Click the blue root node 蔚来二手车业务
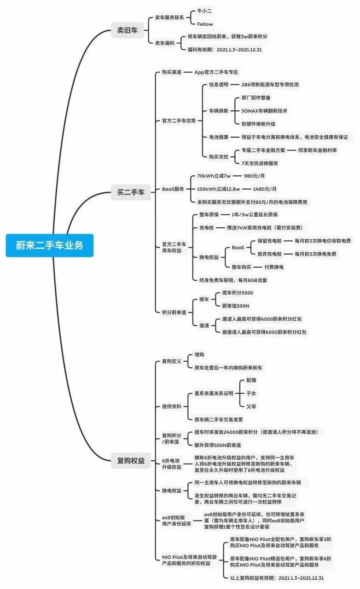tap(50, 245)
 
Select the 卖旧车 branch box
tap(127, 31)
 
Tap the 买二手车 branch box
tap(131, 192)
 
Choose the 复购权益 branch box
tap(131, 460)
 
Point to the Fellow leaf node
tap(205, 24)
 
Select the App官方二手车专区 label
tap(216, 72)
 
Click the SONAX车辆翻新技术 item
tap(264, 111)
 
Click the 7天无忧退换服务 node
tap(260, 163)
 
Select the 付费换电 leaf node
tap(273, 267)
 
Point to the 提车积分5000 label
tap(238, 293)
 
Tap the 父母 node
tap(251, 406)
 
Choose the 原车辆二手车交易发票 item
tap(218, 419)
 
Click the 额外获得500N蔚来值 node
tap(217, 445)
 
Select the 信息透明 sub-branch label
tap(219, 85)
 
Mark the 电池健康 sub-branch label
tap(219, 137)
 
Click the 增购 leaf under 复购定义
tap(199, 355)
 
